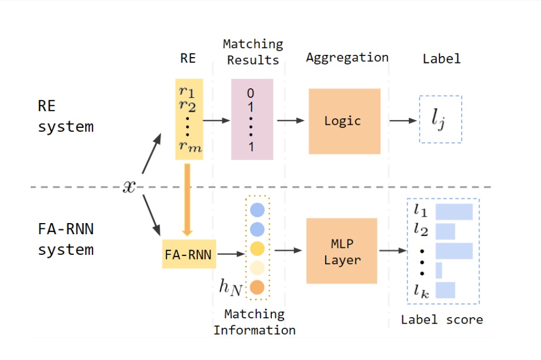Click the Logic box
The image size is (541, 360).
pos(344,121)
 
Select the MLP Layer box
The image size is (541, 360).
pos(342,251)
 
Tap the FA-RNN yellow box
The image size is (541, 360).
pos(189,254)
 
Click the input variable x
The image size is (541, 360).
pos(129,186)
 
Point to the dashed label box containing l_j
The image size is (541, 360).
pos(440,119)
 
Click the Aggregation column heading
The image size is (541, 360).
pos(347,58)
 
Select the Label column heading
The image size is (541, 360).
pos(442,59)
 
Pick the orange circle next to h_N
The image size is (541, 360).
pos(257,287)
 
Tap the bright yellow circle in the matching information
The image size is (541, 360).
pos(257,248)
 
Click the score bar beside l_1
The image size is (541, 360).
pos(454,211)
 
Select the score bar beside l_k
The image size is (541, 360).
pos(445,290)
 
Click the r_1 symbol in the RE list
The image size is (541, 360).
pos(187,91)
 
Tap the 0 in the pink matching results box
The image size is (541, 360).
pos(251,94)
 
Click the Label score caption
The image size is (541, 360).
pos(442,320)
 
